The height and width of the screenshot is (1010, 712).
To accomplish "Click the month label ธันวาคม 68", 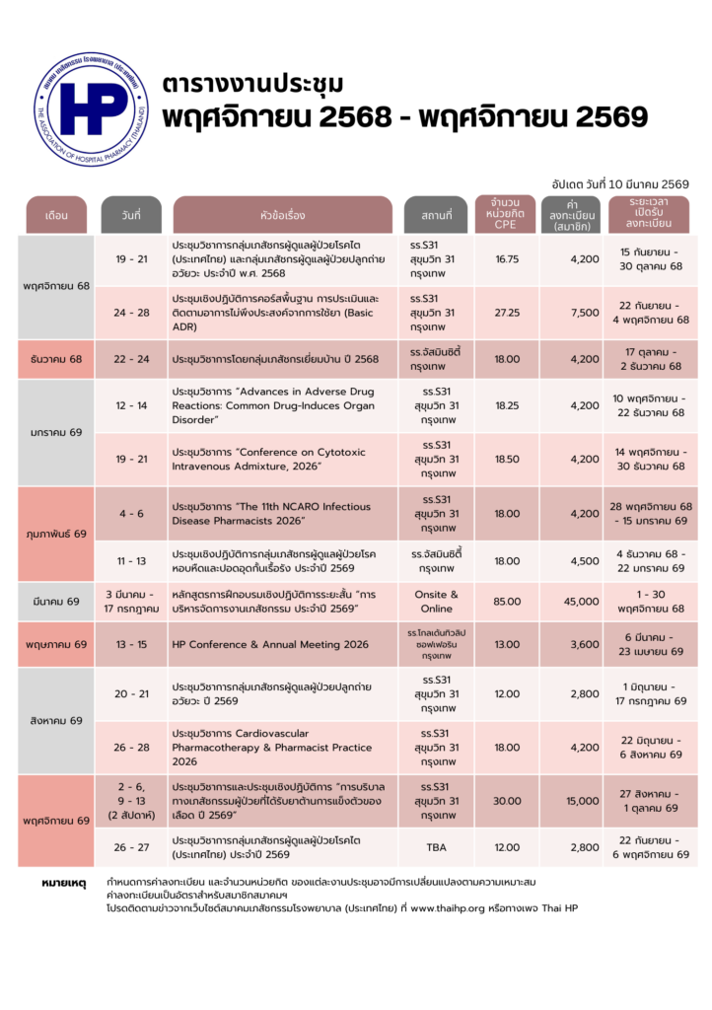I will (55, 358).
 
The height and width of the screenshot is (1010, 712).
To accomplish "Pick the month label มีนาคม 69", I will (55, 601).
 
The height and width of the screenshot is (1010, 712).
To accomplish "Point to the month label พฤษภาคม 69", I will (55, 644).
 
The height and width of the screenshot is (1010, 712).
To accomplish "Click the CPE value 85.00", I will (508, 601).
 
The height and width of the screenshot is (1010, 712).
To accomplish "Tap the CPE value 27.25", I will (508, 313).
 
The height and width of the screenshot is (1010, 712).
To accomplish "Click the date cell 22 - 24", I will (131, 358).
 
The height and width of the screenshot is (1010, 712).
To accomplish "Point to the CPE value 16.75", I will (508, 259).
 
